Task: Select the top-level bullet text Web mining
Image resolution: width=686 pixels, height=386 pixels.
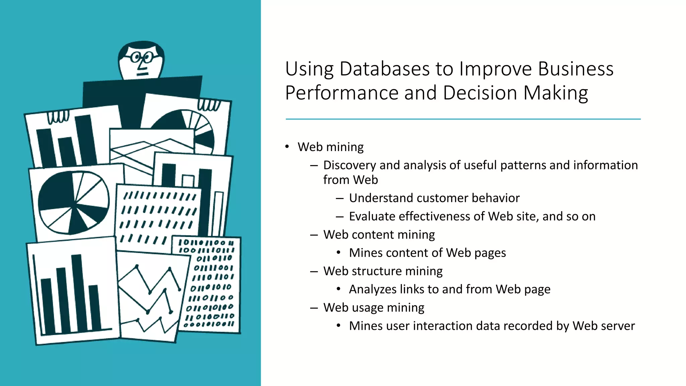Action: click(330, 147)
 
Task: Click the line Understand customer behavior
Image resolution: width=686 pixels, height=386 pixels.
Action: click(434, 198)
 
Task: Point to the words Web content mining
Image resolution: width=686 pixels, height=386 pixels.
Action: click(379, 235)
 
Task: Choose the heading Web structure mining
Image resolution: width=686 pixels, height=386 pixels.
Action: click(383, 271)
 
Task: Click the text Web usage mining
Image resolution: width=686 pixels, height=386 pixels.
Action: click(374, 308)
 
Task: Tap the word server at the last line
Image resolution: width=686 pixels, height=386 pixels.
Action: click(618, 326)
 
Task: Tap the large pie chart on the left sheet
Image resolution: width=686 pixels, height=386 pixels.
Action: click(74, 202)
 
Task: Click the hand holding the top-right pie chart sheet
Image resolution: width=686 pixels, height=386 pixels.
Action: click(209, 105)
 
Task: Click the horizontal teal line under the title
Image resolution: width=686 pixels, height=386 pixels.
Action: click(463, 119)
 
